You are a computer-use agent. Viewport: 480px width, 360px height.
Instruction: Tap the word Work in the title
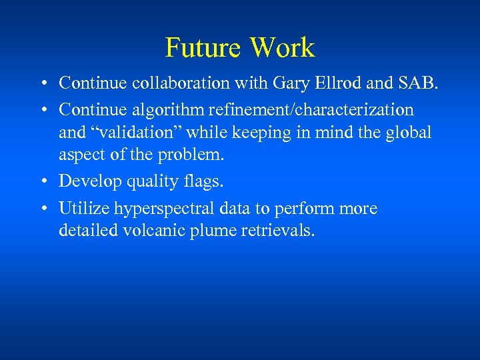281,48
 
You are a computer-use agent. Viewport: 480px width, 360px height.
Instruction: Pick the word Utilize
84,209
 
